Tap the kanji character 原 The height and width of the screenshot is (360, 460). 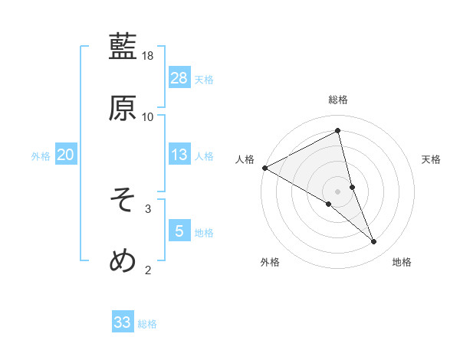pos(123,108)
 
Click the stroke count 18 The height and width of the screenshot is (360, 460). pos(149,56)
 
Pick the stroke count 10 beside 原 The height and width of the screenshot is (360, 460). pos(148,116)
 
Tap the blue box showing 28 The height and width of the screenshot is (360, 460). pos(179,78)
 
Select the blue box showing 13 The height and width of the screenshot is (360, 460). pos(179,155)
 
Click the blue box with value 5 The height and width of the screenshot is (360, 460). pos(179,231)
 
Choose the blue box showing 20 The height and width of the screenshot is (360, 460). pos(66,155)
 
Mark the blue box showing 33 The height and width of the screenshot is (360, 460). pos(123,322)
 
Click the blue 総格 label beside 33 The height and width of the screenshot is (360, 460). pos(147,324)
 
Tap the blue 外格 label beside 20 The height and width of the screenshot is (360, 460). pos(41,156)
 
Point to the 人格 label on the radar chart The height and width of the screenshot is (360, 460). pos(245,159)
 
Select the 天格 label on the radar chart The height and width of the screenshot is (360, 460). pos(432,159)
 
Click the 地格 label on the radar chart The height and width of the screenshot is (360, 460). pos(402,262)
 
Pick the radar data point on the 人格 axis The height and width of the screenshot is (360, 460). pos(264,168)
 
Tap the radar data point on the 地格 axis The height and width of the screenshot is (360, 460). pos(374,242)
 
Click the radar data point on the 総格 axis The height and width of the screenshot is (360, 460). pos(338,130)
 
